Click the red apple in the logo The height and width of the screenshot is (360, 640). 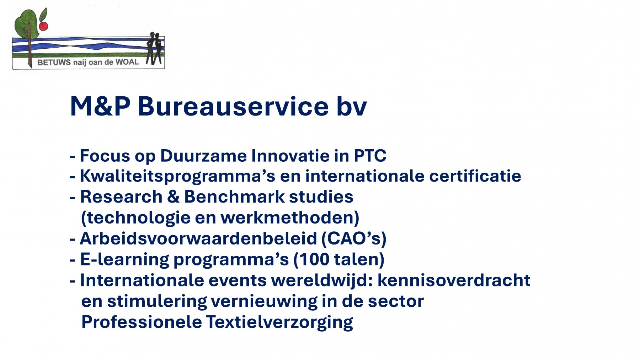coord(43,26)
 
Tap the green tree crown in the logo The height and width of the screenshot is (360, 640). coord(26,23)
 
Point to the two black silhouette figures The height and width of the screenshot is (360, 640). coord(155,48)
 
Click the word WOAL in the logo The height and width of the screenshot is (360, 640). coord(127,62)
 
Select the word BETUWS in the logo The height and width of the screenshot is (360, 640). coord(54,63)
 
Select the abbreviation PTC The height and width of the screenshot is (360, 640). coord(370,156)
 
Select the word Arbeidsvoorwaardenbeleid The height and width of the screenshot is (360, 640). coord(198,238)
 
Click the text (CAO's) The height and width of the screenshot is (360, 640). coord(354,238)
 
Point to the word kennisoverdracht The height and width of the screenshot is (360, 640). coord(454,280)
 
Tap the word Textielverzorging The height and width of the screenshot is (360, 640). coord(279,322)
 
